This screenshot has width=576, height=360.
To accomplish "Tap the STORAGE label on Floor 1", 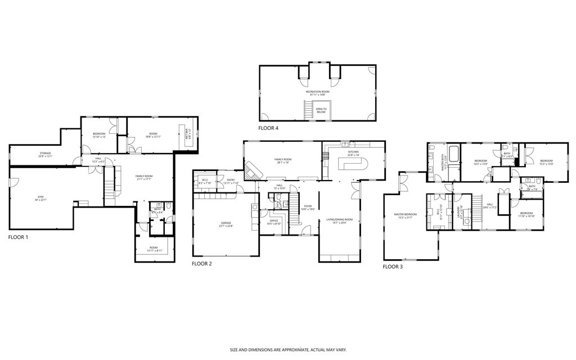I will pyautogui.click(x=45, y=154).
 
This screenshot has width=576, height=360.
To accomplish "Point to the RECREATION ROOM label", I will pyautogui.click(x=317, y=92).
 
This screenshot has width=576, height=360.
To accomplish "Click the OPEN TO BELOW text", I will pyautogui.click(x=321, y=110).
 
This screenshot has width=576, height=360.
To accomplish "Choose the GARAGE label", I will pyautogui.click(x=226, y=224).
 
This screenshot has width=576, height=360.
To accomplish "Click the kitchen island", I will pyautogui.click(x=352, y=164).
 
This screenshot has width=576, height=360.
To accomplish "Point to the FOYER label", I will pyautogui.click(x=308, y=207).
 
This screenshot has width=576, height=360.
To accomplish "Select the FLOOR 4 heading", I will pyautogui.click(x=268, y=128).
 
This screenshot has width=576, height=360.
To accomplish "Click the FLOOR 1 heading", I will pyautogui.click(x=18, y=237).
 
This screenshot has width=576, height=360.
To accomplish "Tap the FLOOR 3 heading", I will pyautogui.click(x=393, y=267).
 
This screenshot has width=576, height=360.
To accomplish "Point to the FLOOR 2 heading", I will pyautogui.click(x=201, y=264).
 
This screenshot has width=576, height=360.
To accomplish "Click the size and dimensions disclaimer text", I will pyautogui.click(x=288, y=350).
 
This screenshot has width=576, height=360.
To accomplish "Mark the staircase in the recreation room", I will pyautogui.click(x=308, y=109).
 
